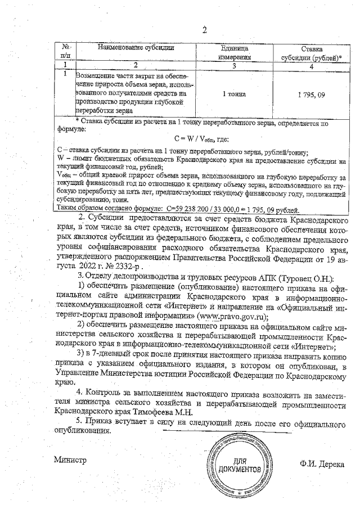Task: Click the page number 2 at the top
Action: coord(204,30)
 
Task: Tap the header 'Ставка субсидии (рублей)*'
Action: coord(311,53)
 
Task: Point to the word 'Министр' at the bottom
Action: coord(69,460)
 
